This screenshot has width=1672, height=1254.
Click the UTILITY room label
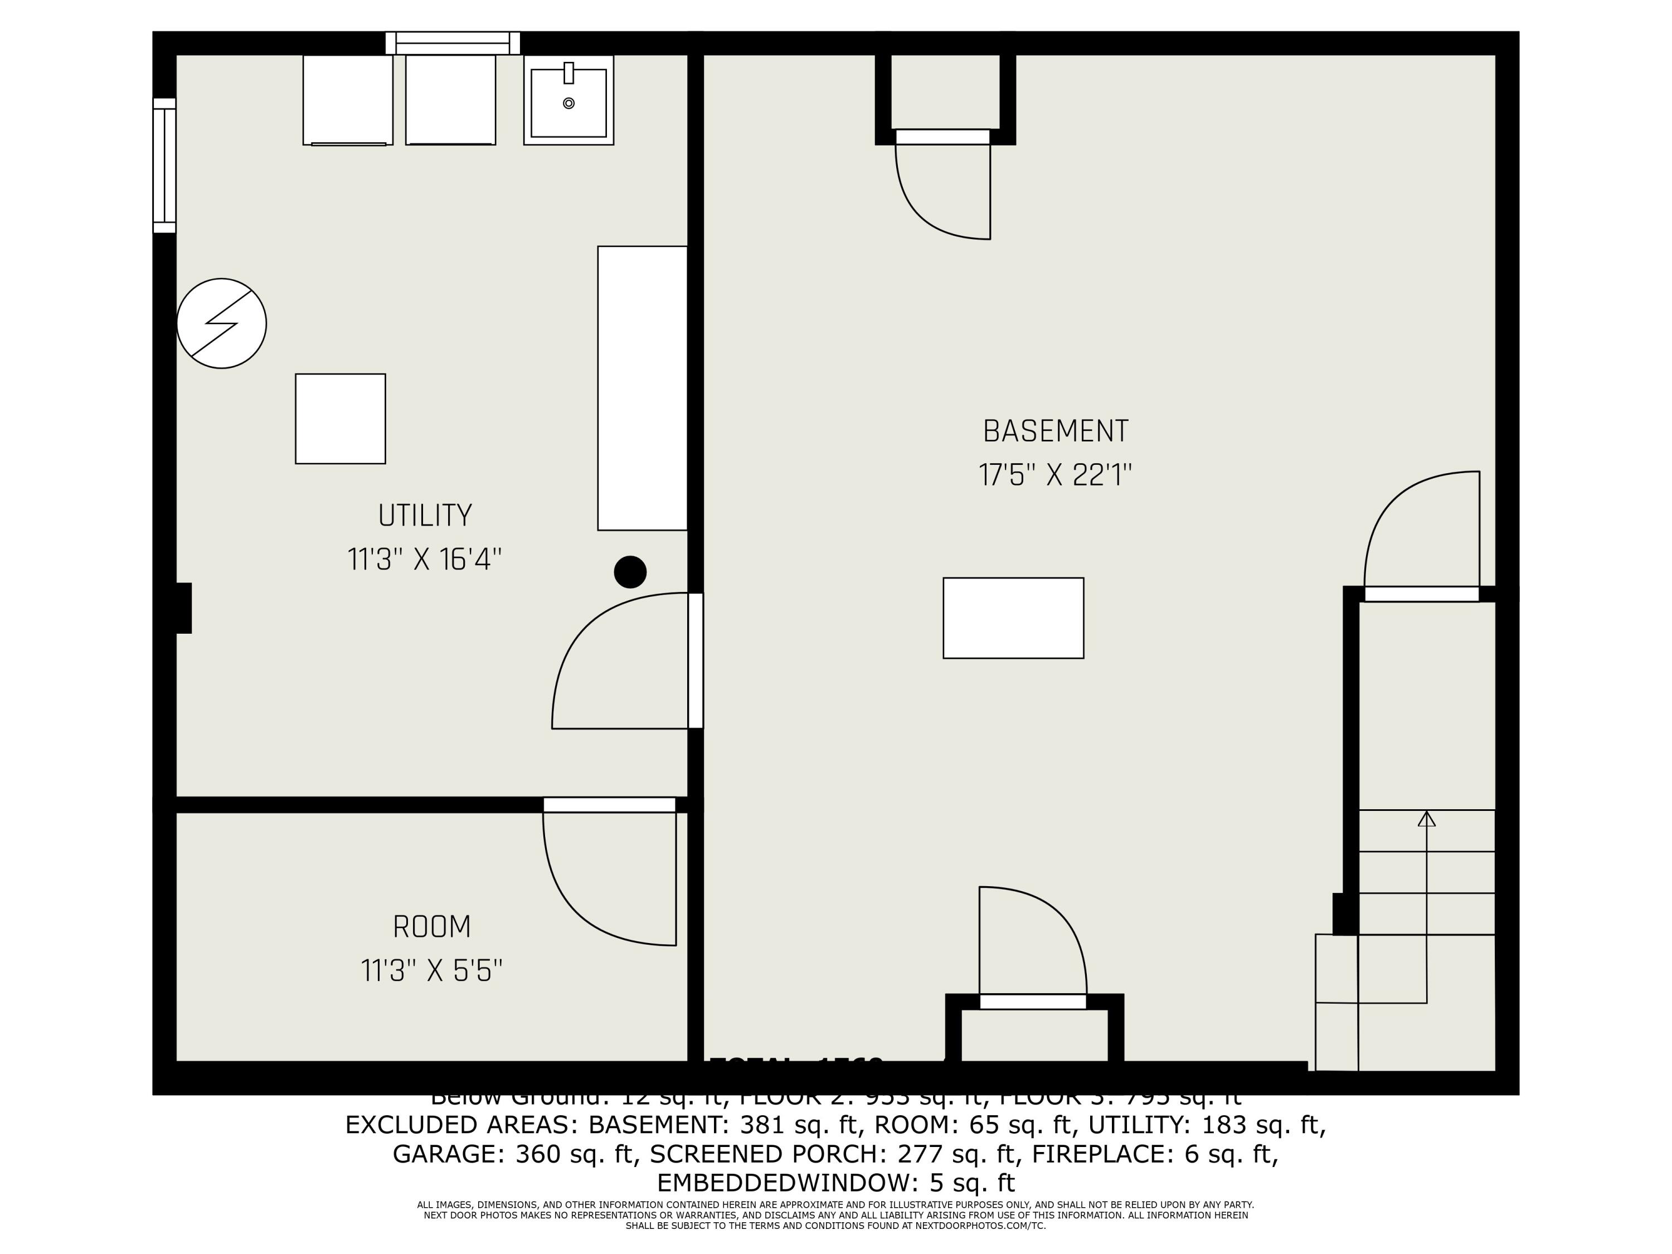coord(425,516)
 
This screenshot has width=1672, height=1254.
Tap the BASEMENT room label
coord(1055,431)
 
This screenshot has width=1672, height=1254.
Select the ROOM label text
coord(431,927)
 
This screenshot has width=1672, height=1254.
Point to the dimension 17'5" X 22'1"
coord(1055,475)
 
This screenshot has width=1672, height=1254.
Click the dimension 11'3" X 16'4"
coord(425,560)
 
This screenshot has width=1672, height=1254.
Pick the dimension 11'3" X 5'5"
coord(431,970)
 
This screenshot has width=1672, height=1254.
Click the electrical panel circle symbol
coord(221,323)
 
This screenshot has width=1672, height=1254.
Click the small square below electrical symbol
coord(340,419)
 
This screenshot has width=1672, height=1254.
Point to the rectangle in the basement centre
coord(1013,618)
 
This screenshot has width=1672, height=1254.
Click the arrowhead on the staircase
coord(1426,819)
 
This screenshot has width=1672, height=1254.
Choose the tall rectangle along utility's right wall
coord(643,388)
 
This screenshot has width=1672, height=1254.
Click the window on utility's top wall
coord(453,43)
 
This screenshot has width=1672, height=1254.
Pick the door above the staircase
coord(1421,594)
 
